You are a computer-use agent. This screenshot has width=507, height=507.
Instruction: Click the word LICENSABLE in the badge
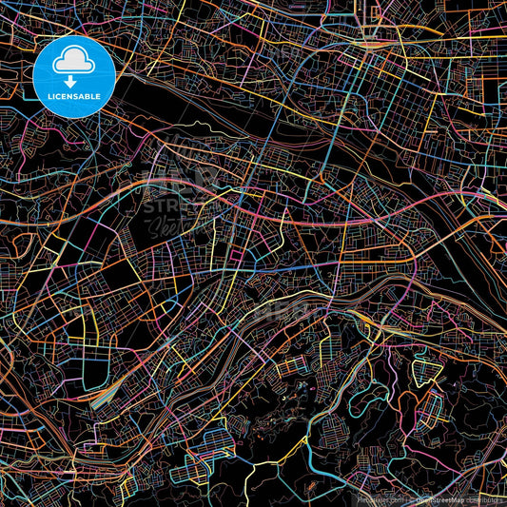tap(74, 96)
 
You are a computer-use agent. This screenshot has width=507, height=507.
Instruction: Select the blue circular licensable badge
tap(74, 76)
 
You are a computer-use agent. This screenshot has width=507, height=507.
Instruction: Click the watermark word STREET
tap(171, 205)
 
